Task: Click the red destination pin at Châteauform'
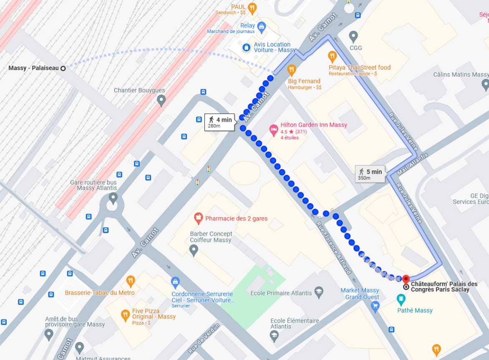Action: [x=406, y=279]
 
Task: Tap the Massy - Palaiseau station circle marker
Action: [x=63, y=68]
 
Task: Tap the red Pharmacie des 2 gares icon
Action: [x=199, y=218]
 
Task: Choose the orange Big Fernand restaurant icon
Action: [x=291, y=70]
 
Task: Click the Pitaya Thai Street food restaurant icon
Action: [x=332, y=56]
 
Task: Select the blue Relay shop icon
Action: [x=262, y=28]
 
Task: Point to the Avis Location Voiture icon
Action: [x=247, y=47]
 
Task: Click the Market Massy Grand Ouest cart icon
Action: [x=375, y=307]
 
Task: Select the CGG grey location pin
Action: [x=353, y=36]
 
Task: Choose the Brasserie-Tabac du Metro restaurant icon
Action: [x=131, y=281]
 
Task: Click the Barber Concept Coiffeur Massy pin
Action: [x=193, y=250]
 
